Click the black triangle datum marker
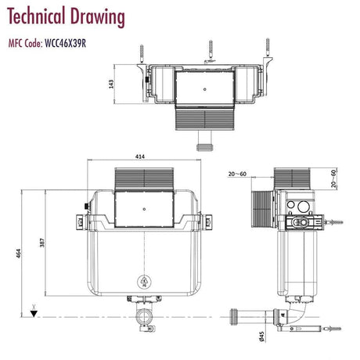pyautogui.click(x=33, y=315)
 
